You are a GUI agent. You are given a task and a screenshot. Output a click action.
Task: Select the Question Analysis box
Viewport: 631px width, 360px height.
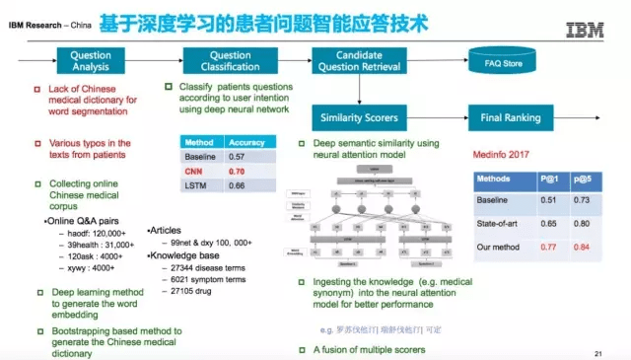(91, 62)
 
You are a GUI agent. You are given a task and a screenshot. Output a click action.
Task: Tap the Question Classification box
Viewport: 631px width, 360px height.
(231, 62)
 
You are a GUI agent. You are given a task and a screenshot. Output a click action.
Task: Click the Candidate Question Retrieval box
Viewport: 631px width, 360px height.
(359, 62)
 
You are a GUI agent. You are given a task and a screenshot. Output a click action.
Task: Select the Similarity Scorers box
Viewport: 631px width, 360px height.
(359, 118)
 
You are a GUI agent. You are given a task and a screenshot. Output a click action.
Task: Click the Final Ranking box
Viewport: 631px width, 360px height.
(511, 118)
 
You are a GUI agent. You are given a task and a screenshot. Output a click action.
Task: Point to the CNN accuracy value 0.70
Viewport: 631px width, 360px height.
(238, 171)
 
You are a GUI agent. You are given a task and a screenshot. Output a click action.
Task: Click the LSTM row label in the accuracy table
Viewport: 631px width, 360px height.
(195, 185)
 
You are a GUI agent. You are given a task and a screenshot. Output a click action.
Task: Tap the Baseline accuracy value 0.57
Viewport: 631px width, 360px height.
(238, 156)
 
